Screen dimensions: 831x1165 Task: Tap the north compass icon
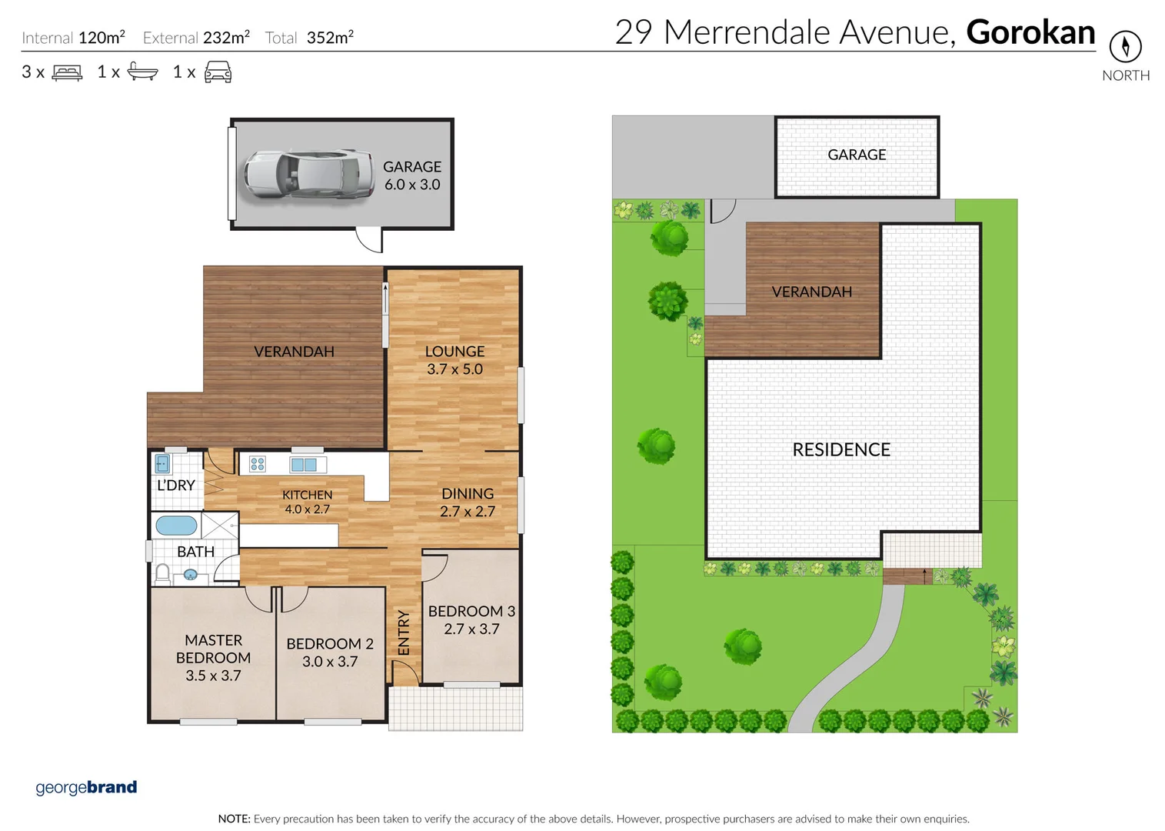[1125, 46]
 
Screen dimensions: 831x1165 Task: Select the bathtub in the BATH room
[176, 526]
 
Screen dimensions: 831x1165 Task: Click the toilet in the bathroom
[162, 573]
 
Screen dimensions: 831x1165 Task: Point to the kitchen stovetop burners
[258, 464]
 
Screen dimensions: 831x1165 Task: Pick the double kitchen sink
[304, 465]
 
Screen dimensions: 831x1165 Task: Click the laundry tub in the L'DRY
[162, 463]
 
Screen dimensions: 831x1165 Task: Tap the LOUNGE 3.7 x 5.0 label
[454, 360]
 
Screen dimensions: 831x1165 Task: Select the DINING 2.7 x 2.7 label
[468, 502]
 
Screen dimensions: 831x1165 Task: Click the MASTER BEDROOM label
[213, 658]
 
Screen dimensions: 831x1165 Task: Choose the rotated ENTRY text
[403, 632]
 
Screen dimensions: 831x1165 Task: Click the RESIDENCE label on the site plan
[841, 449]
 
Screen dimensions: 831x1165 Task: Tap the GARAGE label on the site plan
[857, 155]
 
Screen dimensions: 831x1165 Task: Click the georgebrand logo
[86, 787]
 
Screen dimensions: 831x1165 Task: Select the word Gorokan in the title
[1030, 32]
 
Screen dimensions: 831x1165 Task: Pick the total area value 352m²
[330, 37]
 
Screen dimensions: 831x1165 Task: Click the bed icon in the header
[67, 72]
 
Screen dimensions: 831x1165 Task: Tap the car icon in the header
[218, 72]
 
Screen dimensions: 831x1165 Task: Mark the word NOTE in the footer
[234, 819]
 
